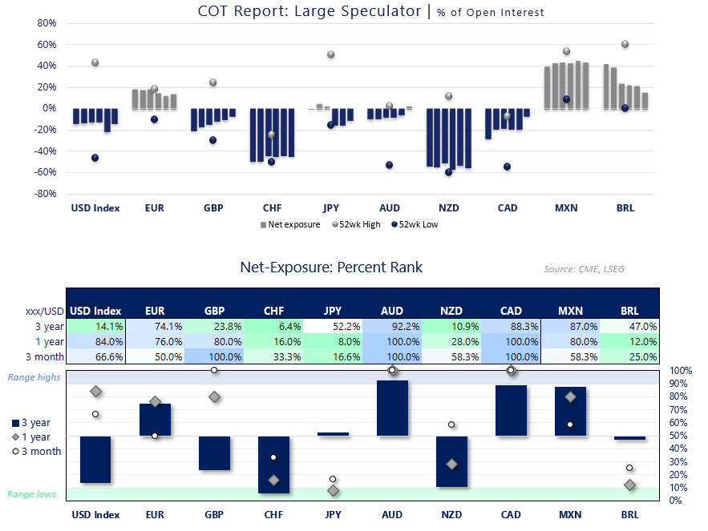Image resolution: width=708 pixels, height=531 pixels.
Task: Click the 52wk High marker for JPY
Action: (330, 54)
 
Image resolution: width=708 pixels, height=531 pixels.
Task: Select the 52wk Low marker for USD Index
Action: (95, 158)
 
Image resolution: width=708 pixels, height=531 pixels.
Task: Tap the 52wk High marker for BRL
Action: (625, 44)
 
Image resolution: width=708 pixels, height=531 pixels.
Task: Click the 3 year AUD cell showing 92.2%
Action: (392, 326)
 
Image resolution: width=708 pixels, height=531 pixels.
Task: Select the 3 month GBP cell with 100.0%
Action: (214, 356)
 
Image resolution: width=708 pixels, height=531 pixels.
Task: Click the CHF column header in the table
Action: (273, 311)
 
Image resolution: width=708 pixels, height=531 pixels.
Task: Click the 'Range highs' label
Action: (34, 377)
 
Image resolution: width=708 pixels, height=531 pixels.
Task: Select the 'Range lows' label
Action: (32, 494)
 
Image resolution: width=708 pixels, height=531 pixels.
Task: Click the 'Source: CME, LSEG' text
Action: (583, 269)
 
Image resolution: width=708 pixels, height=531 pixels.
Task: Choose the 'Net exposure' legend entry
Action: (289, 224)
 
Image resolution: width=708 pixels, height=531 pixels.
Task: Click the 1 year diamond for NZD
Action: (451, 465)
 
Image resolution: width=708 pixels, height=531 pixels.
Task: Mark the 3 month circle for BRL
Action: (630, 468)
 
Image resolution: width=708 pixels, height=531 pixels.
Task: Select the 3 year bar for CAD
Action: (511, 411)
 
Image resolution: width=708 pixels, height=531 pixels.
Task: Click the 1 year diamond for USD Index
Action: (96, 392)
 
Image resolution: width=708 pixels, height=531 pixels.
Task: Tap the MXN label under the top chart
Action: (566, 208)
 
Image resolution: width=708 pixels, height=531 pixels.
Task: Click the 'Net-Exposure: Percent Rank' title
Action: (331, 267)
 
